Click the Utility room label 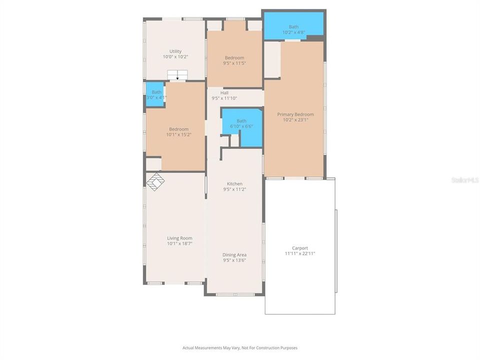(175, 51)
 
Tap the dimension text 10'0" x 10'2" (175, 57)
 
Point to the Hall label (224, 92)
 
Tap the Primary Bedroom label (295, 114)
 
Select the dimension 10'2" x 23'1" (295, 120)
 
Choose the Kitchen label (234, 183)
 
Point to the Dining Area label (234, 254)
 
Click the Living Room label (179, 238)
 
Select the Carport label (300, 248)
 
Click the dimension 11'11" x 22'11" (300, 254)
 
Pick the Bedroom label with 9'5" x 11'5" (234, 58)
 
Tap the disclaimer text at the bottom (240, 347)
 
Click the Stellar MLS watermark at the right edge (464, 179)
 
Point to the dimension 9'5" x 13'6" (234, 260)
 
